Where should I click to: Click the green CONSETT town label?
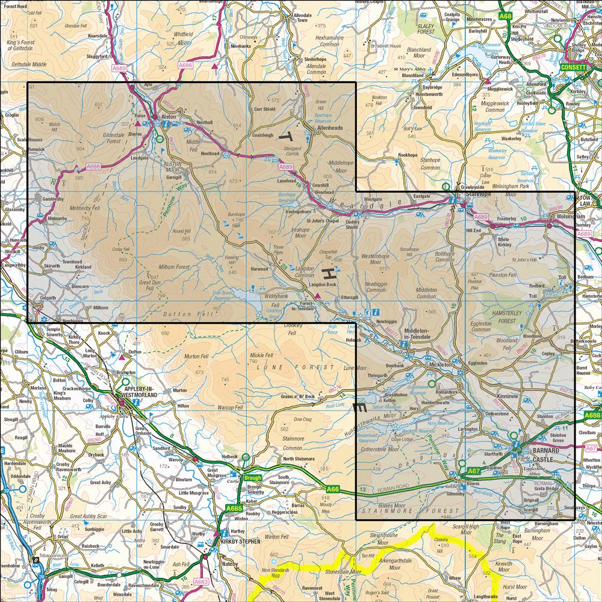(x=573, y=67)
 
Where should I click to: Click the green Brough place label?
(x=252, y=479)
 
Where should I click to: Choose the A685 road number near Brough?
(x=234, y=509)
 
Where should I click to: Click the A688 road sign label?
(x=592, y=415)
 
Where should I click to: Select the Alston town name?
(x=167, y=114)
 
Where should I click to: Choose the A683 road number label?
(x=200, y=582)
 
